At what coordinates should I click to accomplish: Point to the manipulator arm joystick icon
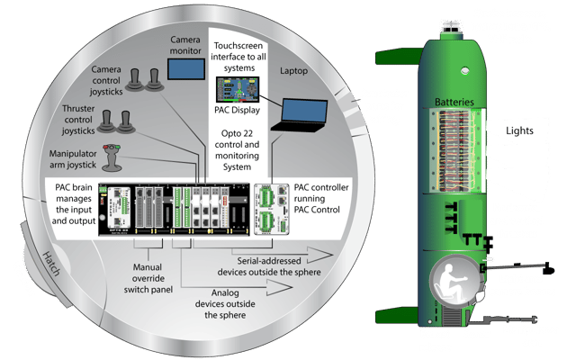[x=112, y=157]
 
